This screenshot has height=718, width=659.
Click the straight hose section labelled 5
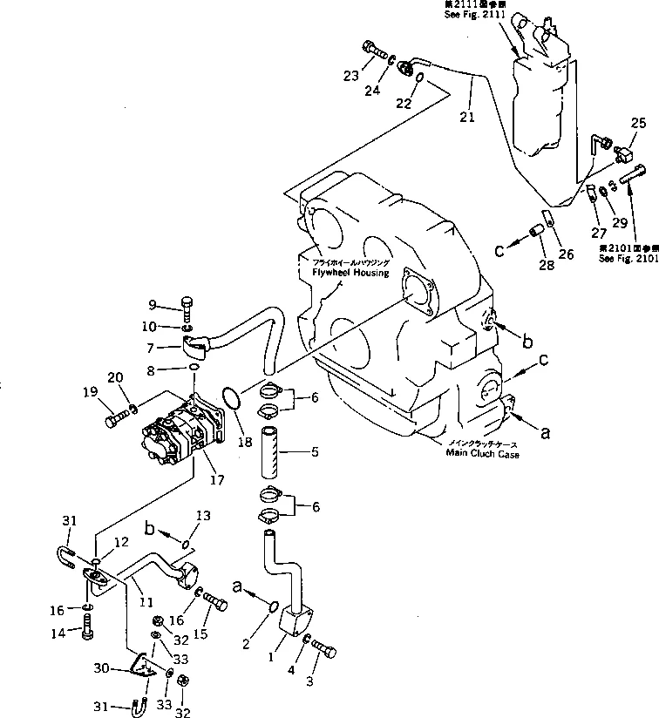273,452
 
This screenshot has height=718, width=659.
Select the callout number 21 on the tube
467,116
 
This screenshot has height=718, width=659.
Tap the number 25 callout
639,123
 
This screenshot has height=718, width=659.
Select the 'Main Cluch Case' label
482,454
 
